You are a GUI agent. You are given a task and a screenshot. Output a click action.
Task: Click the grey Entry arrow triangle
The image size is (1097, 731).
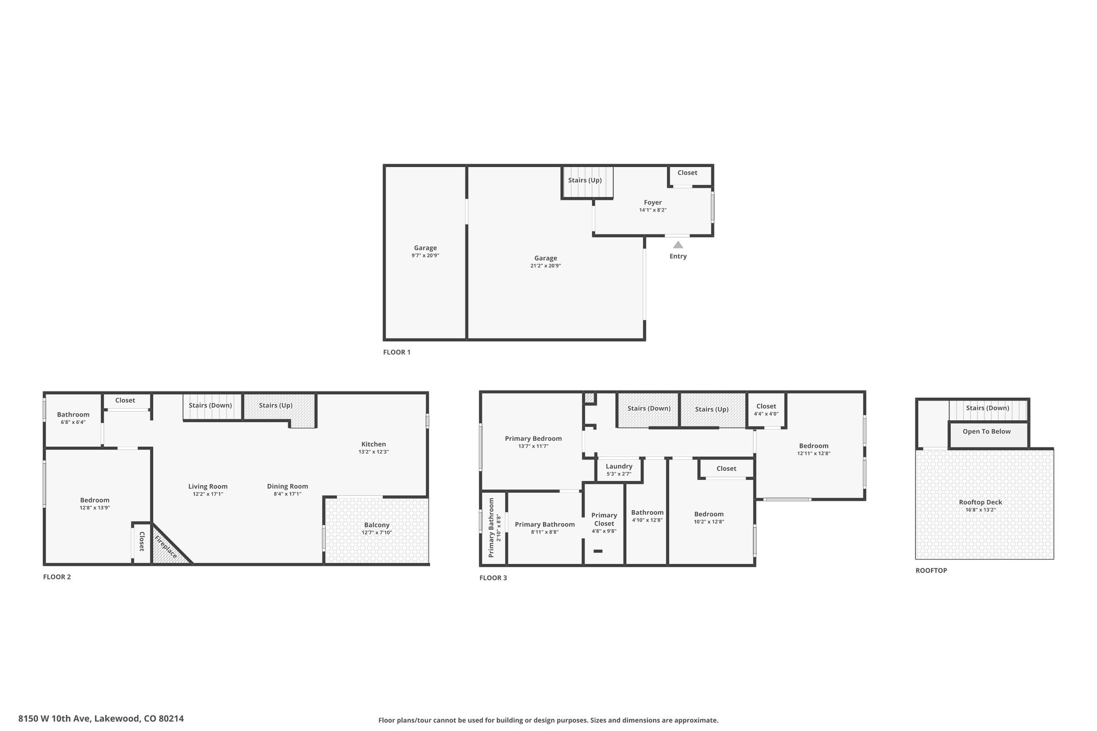[x=678, y=245]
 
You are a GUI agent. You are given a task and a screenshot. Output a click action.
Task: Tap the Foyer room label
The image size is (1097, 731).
[x=653, y=202]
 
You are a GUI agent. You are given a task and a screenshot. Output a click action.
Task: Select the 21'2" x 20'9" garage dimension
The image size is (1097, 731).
[x=546, y=266]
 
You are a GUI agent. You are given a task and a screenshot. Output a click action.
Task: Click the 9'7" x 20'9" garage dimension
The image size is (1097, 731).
[x=425, y=255]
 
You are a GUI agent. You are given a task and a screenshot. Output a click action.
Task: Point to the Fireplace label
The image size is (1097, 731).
[x=166, y=547]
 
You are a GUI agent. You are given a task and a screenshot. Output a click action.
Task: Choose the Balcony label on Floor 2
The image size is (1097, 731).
[x=377, y=525]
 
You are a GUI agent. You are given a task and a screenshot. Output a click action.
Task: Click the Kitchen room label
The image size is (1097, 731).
[x=374, y=444]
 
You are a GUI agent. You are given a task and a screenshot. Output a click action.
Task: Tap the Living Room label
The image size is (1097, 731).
[x=208, y=486]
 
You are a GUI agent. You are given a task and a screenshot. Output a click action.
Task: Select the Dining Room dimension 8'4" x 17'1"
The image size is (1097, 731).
[x=288, y=494]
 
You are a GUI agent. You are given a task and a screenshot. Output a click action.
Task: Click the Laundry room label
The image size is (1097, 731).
[x=619, y=466]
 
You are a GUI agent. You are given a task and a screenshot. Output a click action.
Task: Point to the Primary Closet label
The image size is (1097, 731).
[x=604, y=519]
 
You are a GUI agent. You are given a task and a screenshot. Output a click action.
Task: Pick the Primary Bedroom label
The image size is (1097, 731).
[x=534, y=439]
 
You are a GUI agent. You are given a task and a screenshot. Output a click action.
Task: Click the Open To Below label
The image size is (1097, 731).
[x=987, y=432]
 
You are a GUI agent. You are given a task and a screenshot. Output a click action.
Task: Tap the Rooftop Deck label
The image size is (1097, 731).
[x=981, y=502]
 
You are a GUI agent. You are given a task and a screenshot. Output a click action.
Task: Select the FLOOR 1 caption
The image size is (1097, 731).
[x=397, y=352]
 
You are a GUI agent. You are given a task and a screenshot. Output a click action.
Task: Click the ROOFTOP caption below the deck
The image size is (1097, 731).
[x=931, y=570]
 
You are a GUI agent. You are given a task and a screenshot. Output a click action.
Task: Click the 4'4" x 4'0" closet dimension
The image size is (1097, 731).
[x=767, y=413]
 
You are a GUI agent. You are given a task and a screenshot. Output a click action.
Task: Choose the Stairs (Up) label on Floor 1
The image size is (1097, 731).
[x=585, y=180]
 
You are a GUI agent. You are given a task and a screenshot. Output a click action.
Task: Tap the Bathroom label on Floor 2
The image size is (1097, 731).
[x=73, y=415]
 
